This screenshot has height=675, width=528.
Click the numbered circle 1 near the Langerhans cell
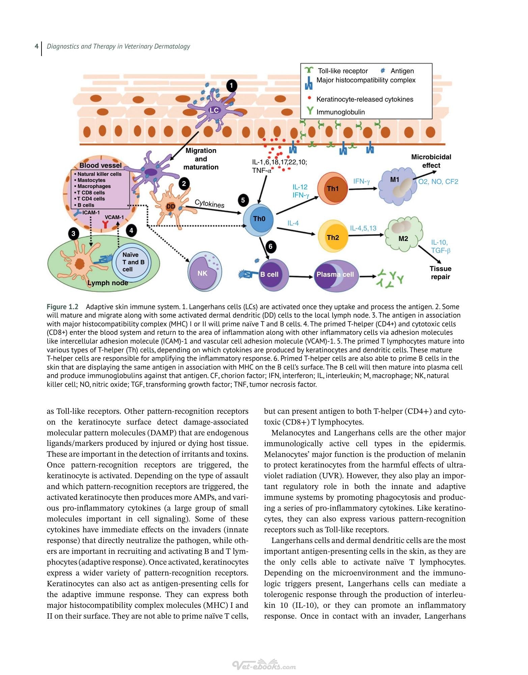point(231,86)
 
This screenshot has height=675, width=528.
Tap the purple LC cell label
point(214,110)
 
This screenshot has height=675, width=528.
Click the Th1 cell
point(332,188)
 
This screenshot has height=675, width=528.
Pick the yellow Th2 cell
point(332,237)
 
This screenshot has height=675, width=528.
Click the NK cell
point(204,271)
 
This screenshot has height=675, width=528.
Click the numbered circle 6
point(271,246)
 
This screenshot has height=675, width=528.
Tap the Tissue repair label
point(440,273)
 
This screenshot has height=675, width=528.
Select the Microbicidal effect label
point(431,161)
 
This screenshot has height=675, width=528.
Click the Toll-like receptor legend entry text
point(343,71)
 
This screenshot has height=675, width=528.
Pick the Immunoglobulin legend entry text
point(340,112)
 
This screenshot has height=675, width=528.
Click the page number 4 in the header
point(36,46)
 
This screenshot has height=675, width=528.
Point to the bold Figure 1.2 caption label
point(62,307)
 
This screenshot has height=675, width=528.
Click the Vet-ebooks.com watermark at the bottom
point(264,665)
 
